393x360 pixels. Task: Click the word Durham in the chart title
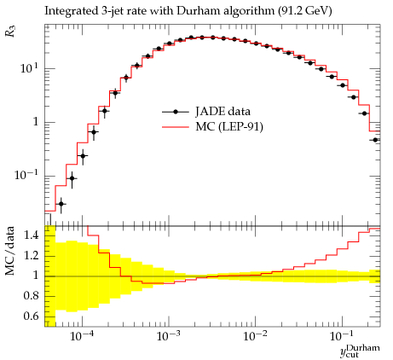point(198,11)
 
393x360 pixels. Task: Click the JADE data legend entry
point(206,112)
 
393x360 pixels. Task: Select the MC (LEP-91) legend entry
point(212,126)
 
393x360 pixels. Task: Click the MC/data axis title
point(10,251)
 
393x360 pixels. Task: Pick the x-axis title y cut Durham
point(360,351)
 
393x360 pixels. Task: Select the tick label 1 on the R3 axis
point(36,122)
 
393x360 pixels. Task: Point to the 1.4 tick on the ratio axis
point(32,235)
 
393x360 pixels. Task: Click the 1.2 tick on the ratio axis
point(32,255)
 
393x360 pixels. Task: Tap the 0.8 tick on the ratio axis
point(32,296)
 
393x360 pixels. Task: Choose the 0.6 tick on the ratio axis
point(32,316)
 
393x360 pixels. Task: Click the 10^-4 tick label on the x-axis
point(83,336)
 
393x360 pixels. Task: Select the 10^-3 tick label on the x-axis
point(170,336)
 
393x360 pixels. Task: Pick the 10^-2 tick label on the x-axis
point(256,336)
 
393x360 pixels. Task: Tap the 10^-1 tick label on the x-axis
point(343,336)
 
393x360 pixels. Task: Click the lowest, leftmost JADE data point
point(61,204)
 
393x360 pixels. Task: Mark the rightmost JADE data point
point(375,140)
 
